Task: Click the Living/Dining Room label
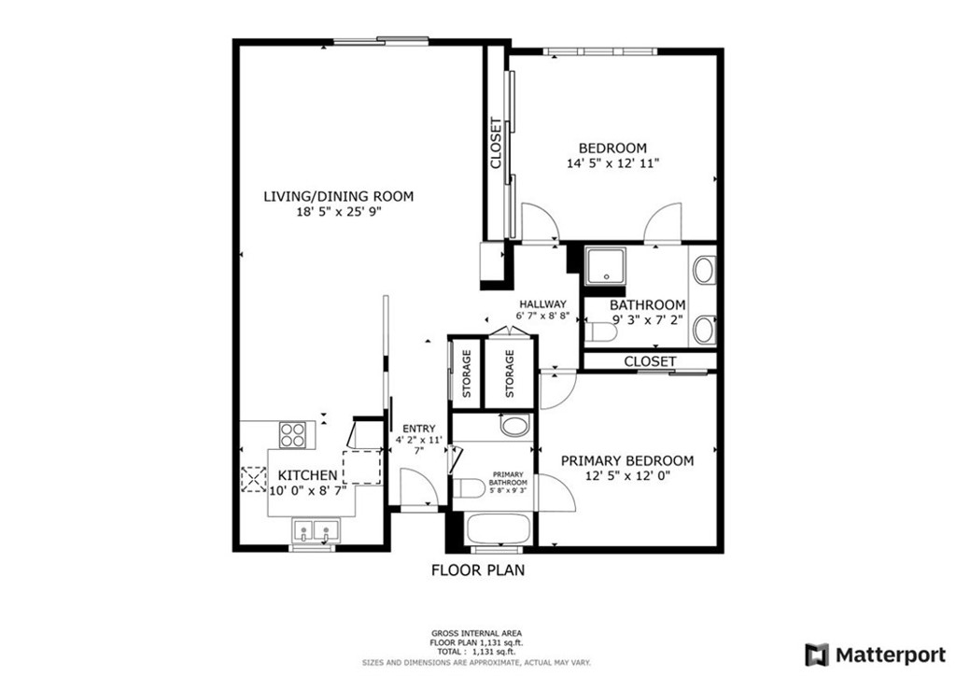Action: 337,196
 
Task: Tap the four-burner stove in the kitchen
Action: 293,434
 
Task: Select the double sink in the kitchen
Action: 314,531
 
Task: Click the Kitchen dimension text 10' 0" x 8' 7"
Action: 307,490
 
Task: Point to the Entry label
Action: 413,430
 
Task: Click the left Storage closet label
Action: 465,373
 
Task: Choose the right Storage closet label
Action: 510,373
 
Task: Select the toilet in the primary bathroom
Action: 471,488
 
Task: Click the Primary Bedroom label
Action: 626,460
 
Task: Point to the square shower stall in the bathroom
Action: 608,266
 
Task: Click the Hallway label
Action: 543,303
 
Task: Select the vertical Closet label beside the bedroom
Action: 496,142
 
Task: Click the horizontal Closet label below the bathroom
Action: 650,360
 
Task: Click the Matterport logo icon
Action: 817,654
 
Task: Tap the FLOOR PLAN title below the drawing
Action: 477,570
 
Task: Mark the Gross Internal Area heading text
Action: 477,633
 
